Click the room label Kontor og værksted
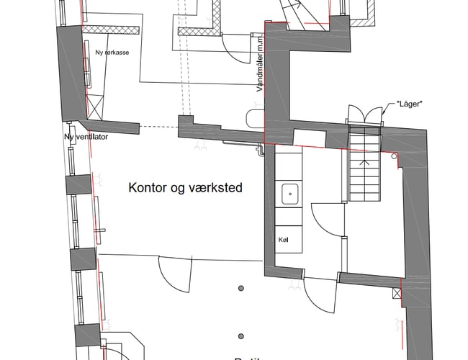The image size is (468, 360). (185, 189)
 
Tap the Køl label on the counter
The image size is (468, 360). (283, 239)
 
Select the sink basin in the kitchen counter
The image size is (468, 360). (289, 192)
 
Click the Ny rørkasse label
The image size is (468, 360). (112, 53)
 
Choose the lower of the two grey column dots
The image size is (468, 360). (241, 335)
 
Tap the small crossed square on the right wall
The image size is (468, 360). (397, 294)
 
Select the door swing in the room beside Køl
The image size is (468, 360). (328, 220)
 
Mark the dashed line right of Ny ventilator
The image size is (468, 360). (158, 127)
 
